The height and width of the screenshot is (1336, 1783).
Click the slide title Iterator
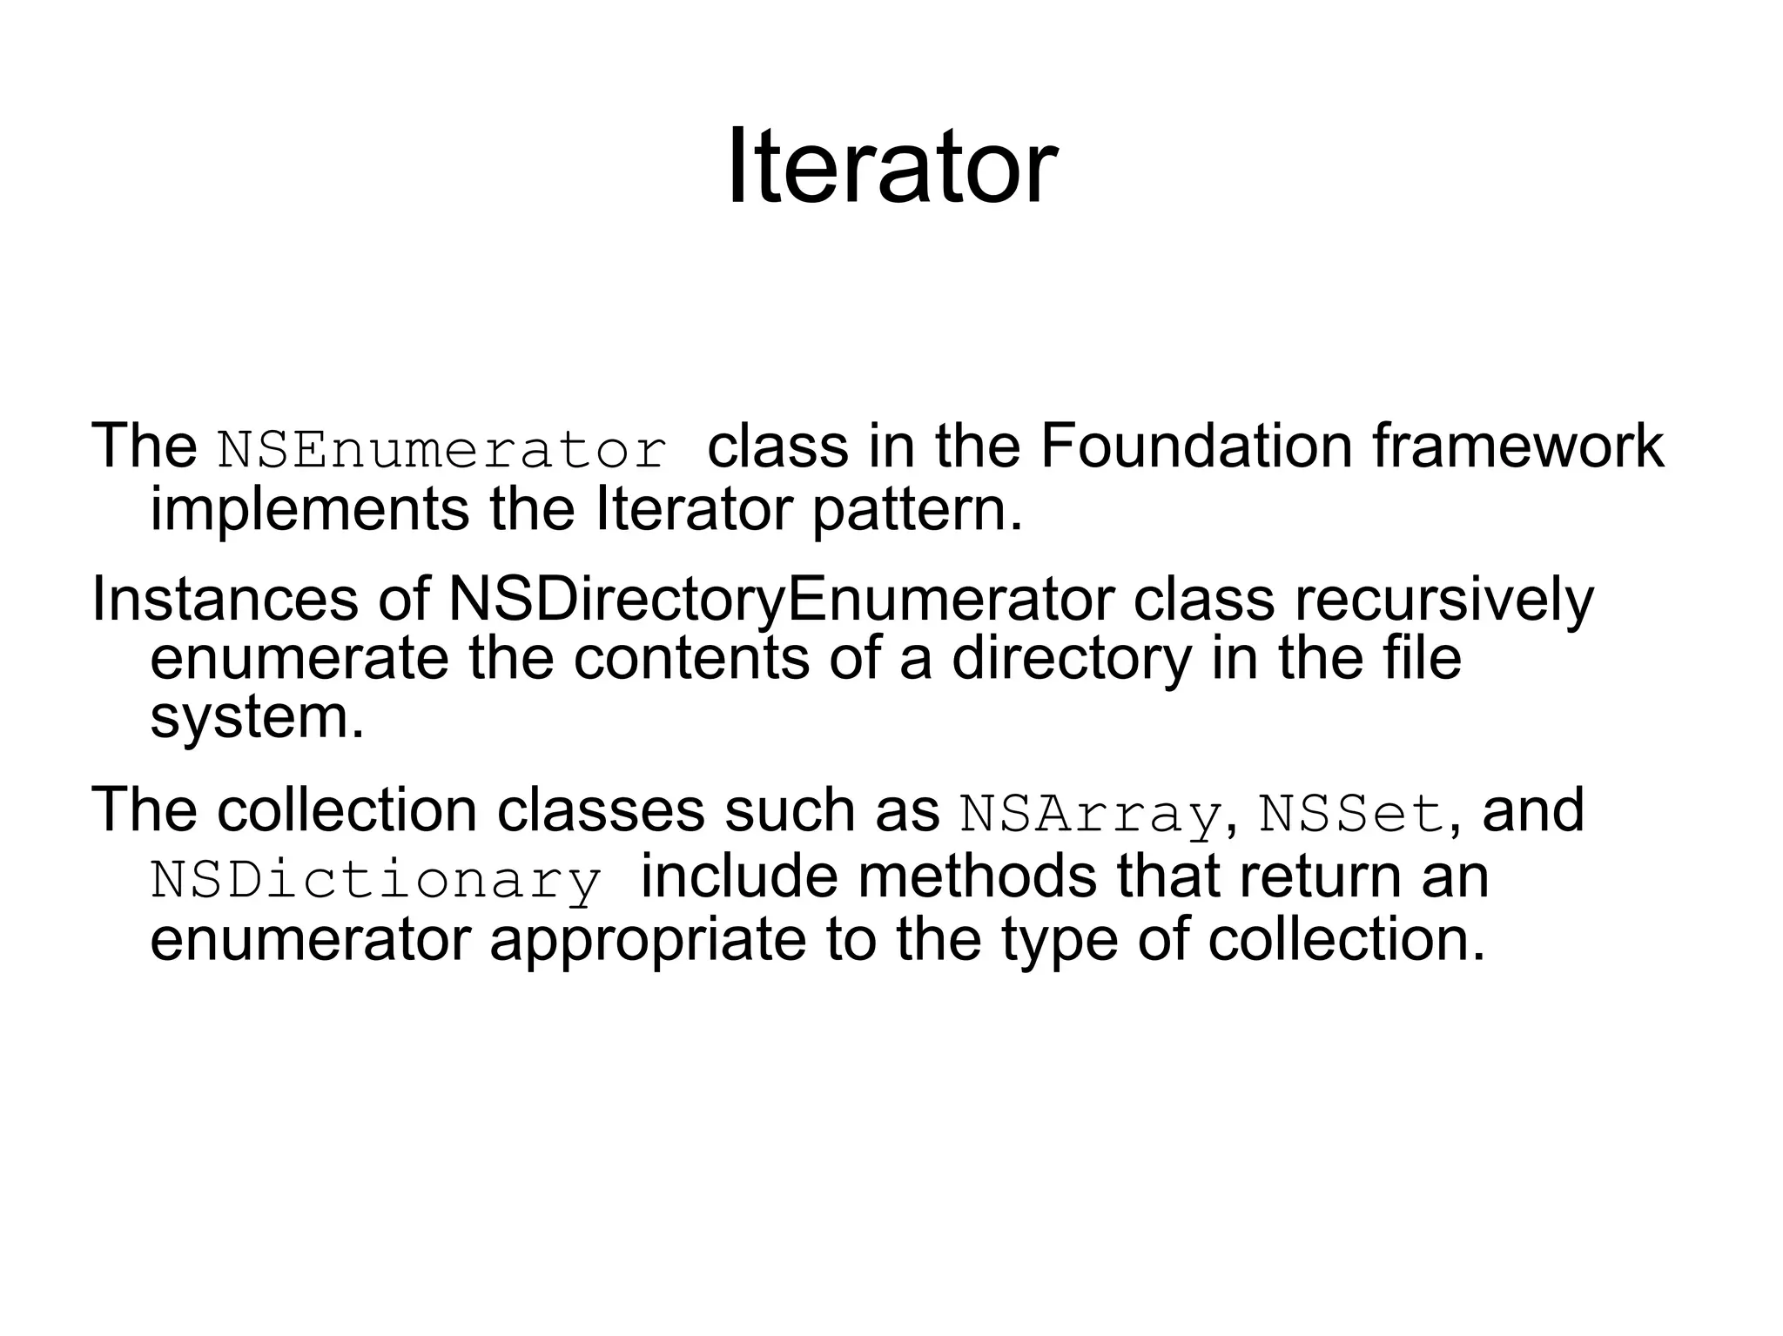(891, 165)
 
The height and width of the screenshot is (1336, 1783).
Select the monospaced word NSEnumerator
(442, 450)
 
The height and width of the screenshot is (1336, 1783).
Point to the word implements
(309, 511)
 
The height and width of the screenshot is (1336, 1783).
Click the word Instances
(225, 600)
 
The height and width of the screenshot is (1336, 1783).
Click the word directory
(1071, 659)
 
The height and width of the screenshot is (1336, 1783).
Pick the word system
(257, 718)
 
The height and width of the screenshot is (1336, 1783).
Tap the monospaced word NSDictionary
(376, 880)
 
